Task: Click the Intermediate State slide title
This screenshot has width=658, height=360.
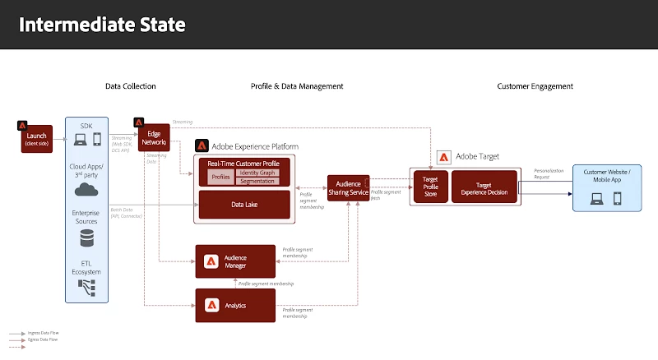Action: pos(102,25)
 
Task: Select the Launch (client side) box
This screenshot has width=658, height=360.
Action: pos(37,139)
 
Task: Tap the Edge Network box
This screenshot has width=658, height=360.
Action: pos(154,138)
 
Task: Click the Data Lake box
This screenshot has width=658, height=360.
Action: pos(244,204)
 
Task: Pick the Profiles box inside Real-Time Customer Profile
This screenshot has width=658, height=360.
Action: pos(220,177)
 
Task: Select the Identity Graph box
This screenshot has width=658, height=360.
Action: pos(257,173)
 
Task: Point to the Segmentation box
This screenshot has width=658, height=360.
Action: pos(257,181)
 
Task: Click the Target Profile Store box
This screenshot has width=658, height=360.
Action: pos(429,187)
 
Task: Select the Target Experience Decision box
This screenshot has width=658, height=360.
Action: pos(484,187)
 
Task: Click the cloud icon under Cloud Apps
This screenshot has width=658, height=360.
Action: pos(86,190)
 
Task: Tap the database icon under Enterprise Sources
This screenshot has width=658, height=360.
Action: pos(86,238)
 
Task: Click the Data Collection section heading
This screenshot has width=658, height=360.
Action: pos(130,86)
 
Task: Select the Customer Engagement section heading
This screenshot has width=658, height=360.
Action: pos(535,86)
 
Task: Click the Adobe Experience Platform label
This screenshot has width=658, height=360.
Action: pos(255,146)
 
